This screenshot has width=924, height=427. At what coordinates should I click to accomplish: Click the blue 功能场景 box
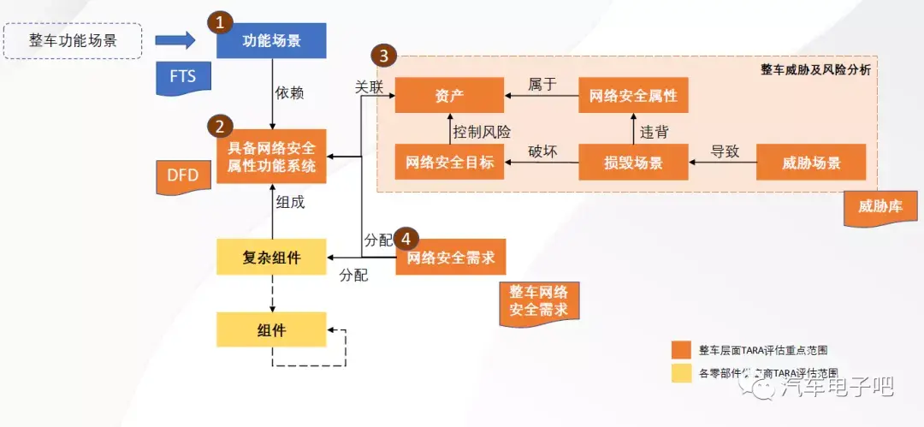coord(271,41)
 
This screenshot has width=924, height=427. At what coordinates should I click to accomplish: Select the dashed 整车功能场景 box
coord(73,40)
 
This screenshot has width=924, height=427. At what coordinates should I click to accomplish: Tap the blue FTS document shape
coord(182,78)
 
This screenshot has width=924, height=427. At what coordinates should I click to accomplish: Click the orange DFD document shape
coord(181,176)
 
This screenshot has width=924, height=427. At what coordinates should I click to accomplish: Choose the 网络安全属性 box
coord(633,95)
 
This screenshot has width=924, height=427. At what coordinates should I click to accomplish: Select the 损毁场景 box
coord(633,163)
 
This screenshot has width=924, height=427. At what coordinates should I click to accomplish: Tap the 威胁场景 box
coord(811,163)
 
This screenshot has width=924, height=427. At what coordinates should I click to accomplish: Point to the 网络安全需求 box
coord(451,257)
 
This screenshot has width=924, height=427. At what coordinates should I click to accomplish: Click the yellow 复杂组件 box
coord(271,257)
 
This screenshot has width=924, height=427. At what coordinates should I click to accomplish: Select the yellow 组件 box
coord(271,329)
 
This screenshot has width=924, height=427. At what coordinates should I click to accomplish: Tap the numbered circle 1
coord(222,21)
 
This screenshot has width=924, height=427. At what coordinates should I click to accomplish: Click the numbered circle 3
coord(384,56)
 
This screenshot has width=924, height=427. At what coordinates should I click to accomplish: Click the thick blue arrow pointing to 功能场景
coord(178,39)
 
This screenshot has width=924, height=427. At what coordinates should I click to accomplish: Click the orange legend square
coord(681,350)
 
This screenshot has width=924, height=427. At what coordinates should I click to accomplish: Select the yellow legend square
coord(681,373)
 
